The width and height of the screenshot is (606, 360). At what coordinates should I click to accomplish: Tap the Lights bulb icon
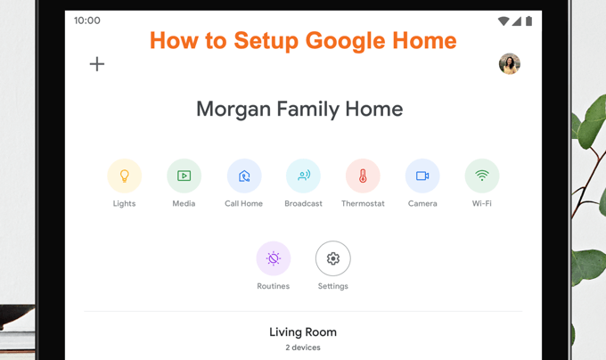125,176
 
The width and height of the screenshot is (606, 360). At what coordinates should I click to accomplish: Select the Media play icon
184,176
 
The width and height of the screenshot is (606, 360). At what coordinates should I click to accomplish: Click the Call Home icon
244,176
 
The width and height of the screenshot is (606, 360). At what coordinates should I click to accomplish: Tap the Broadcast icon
303,176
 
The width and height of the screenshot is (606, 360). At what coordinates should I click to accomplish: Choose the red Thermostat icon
363,176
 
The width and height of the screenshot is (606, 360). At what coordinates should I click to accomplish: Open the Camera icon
422,176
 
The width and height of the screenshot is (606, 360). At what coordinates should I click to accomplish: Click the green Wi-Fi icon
482,176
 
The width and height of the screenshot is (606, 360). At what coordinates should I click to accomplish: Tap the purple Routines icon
274,258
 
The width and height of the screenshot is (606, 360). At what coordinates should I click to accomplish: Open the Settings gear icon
333,258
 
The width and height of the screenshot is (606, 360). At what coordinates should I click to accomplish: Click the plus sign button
97,64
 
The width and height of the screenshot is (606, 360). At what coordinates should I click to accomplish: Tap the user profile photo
510,64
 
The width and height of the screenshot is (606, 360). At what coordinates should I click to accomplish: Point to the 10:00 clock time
87,20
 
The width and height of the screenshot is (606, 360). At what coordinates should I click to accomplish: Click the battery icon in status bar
529,20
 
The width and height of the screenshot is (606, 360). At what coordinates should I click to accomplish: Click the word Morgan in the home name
233,110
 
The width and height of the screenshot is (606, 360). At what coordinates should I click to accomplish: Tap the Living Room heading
303,332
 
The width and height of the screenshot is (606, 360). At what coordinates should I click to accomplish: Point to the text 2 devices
303,348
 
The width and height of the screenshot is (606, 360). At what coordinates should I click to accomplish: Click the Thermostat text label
363,203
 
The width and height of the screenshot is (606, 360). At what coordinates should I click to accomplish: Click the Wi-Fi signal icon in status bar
504,20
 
